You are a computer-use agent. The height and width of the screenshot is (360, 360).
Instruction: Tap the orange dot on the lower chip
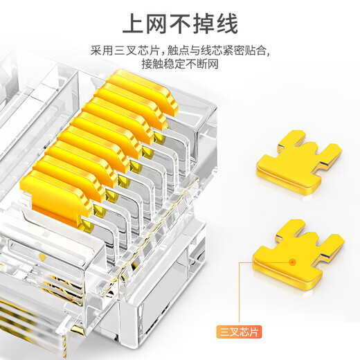click(x=293, y=262)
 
